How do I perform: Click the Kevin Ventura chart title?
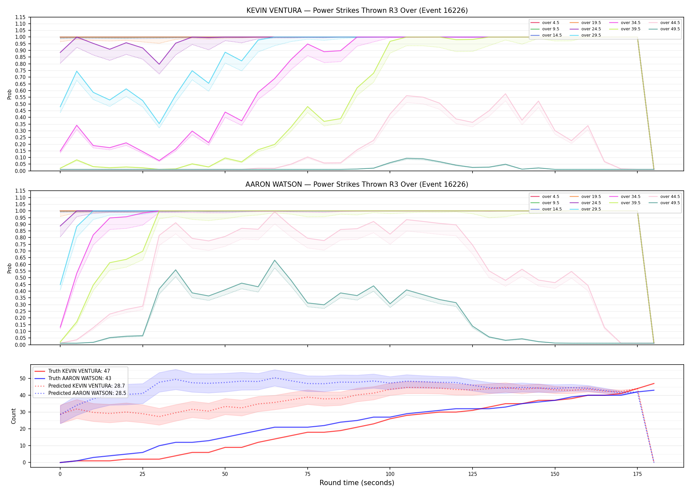tap(357, 11)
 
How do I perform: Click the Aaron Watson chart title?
tap(357, 184)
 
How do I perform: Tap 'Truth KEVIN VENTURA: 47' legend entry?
tap(79, 371)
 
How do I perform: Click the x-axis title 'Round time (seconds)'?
tap(357, 483)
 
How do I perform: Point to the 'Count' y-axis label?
tap(13, 416)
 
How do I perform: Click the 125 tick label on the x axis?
tap(472, 474)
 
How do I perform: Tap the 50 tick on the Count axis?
tap(23, 378)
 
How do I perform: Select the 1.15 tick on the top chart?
tap(20, 17)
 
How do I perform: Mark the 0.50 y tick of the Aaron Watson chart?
tap(20, 278)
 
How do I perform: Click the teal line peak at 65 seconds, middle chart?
tap(275, 261)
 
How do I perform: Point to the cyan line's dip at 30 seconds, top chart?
tap(159, 124)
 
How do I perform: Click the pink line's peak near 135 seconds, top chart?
tap(505, 94)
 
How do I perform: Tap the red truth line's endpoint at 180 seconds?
tap(654, 383)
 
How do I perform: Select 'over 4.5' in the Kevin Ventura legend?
tap(550, 23)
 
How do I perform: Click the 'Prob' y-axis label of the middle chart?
tap(10, 268)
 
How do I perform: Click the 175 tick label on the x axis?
tap(637, 474)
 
